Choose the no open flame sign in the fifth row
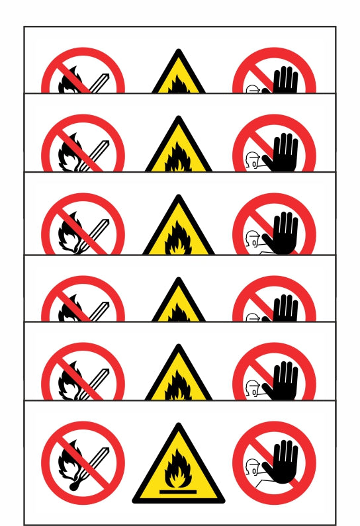83,374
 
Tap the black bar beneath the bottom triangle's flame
178,490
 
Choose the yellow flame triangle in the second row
178,149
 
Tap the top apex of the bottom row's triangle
178,427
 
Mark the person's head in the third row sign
251,238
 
